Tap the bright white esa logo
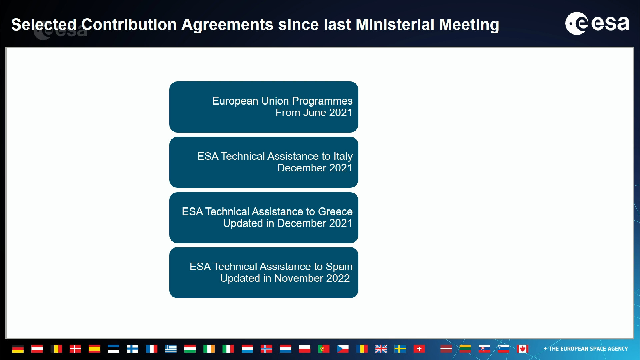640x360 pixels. point(597,23)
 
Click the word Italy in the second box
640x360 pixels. point(343,156)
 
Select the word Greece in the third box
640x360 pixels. point(335,211)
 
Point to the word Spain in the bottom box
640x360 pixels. point(339,267)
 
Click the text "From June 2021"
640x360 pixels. point(314,113)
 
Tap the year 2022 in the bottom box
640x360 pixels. point(338,278)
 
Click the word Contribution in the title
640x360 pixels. point(129,25)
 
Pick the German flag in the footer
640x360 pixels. point(18,349)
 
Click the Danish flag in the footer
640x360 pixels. point(75,349)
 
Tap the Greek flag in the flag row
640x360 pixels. point(171,349)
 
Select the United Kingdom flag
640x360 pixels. point(381,349)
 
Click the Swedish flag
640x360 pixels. point(400,349)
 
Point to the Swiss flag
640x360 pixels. point(419,349)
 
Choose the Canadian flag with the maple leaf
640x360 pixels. point(523,349)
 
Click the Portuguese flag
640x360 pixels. point(324,349)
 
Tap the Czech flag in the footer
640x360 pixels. point(343,349)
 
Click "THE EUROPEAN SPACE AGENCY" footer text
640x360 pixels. point(588,349)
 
